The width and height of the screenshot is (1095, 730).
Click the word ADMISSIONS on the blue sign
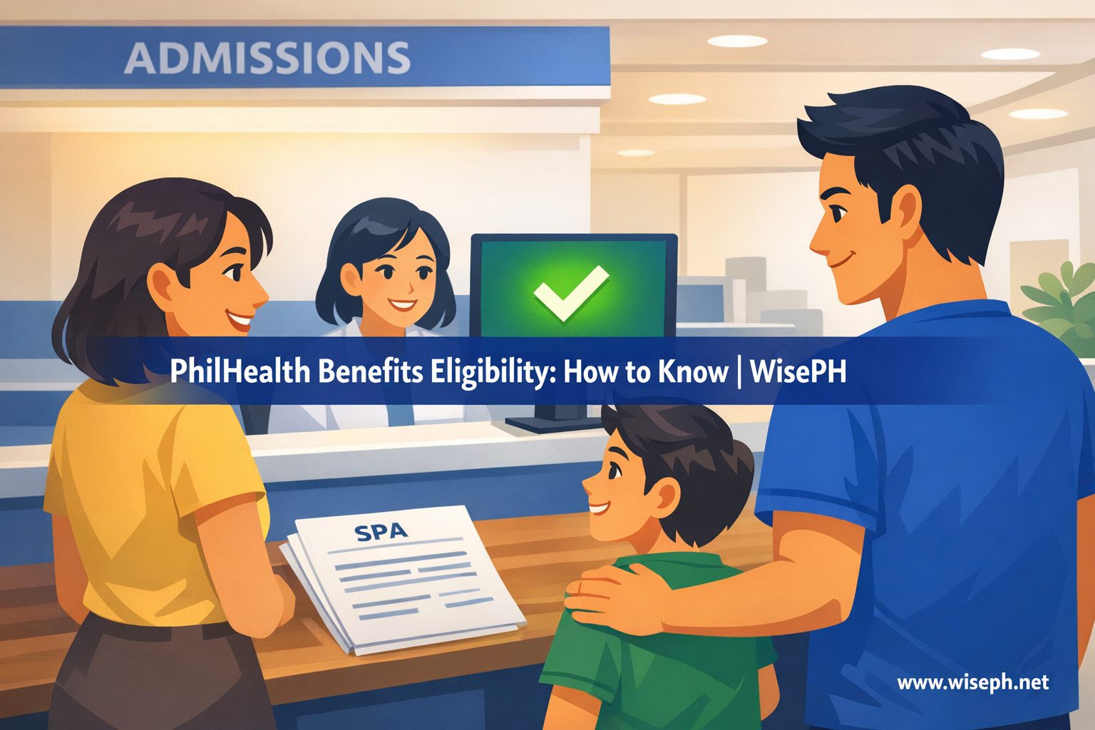tap(267, 58)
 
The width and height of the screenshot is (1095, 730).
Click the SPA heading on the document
tap(381, 532)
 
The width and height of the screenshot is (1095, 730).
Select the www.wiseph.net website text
tap(973, 682)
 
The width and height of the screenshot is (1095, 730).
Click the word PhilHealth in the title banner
tap(240, 371)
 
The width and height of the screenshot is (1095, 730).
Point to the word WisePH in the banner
tap(798, 371)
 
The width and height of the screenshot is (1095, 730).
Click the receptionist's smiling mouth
tap(402, 306)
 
